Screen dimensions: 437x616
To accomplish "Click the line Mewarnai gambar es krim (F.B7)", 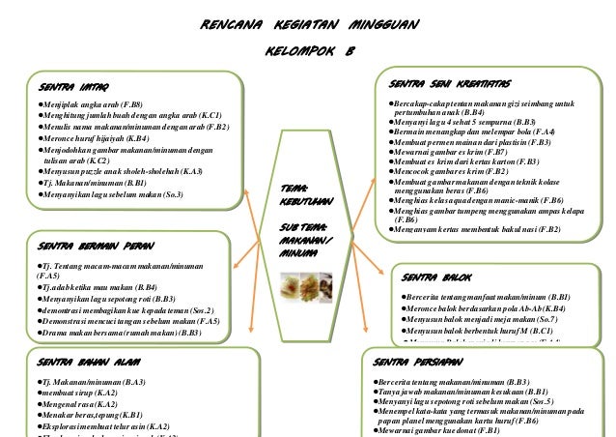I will point(448,152).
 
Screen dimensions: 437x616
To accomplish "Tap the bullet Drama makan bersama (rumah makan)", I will point(120,333).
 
